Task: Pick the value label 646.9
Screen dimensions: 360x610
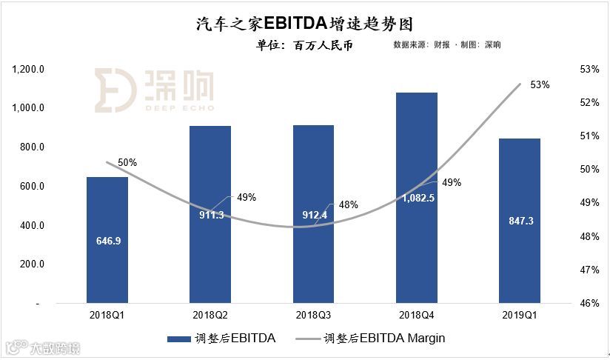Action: tap(107, 241)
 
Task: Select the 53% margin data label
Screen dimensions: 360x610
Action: tap(540, 85)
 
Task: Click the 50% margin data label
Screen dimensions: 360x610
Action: tap(127, 162)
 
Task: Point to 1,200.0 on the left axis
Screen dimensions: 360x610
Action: tap(30, 70)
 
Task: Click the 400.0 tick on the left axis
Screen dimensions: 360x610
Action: tap(33, 226)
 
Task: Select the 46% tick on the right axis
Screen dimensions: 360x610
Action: tap(590, 304)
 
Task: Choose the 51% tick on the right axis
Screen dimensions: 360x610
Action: tap(590, 136)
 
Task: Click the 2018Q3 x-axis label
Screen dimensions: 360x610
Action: tap(314, 315)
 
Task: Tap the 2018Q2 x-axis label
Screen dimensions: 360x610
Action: tap(210, 315)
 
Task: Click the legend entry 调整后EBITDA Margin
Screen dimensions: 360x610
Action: tap(384, 339)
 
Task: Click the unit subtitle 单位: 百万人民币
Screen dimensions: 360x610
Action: tap(304, 45)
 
